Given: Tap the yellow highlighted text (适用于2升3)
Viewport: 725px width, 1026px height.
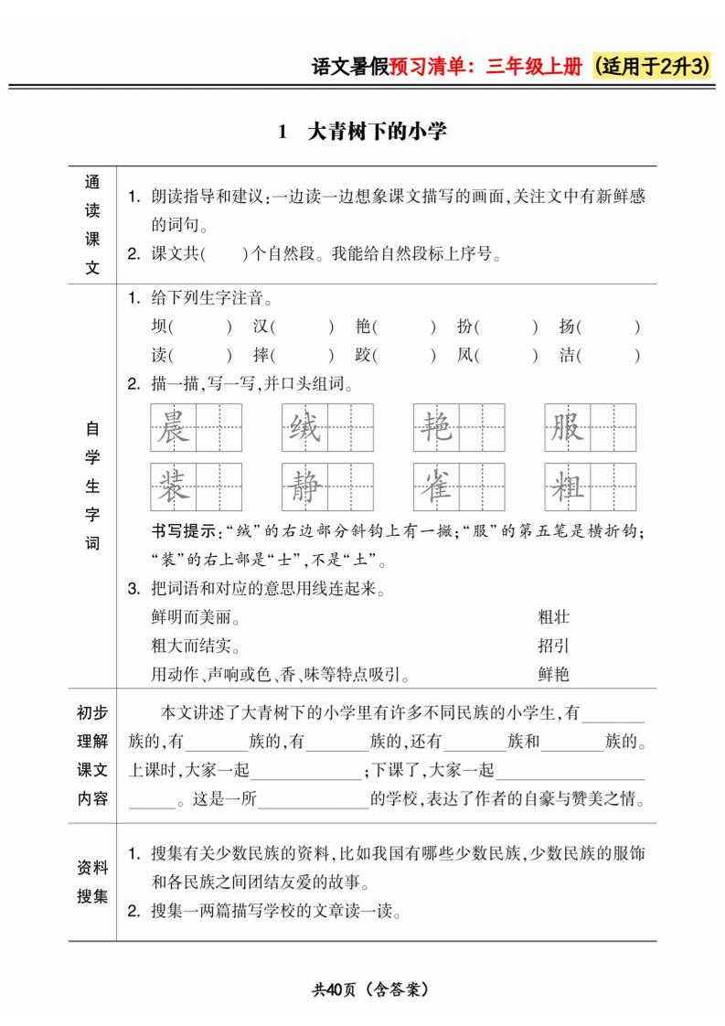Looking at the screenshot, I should (x=652, y=68).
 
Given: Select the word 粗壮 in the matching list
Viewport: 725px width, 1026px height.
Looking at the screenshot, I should (x=554, y=617).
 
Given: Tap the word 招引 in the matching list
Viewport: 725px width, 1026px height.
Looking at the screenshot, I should (x=554, y=647).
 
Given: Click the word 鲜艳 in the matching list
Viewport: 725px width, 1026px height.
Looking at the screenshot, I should (x=554, y=675).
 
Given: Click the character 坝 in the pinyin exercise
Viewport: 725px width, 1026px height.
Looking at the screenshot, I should (x=159, y=327).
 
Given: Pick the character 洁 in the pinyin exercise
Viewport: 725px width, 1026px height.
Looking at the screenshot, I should (x=567, y=356).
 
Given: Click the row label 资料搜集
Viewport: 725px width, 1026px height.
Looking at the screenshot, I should (x=92, y=882).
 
